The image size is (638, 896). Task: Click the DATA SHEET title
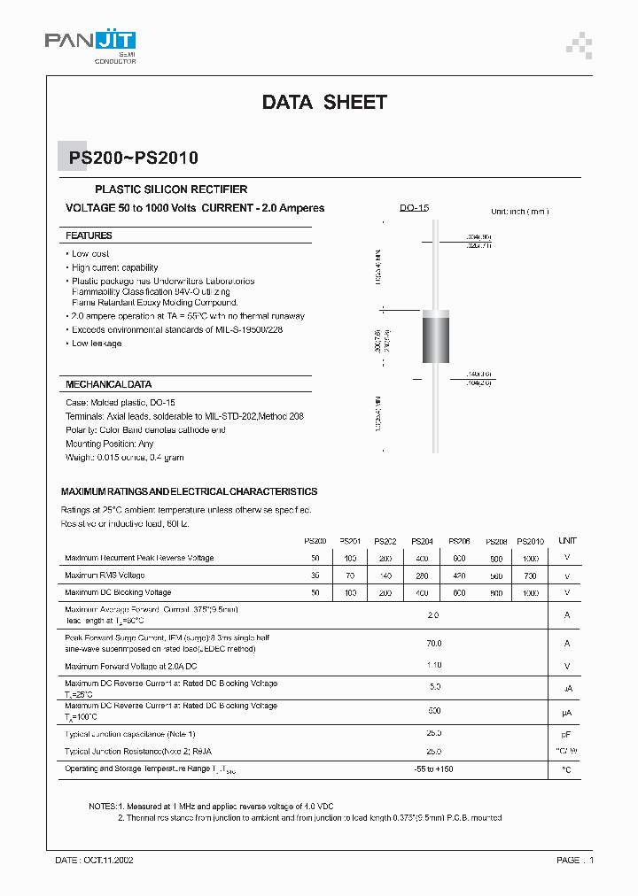click(324, 102)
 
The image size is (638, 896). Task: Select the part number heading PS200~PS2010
click(134, 158)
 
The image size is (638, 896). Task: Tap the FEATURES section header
click(89, 236)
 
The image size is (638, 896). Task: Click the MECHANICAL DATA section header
click(108, 385)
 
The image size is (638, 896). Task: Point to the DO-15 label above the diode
click(414, 208)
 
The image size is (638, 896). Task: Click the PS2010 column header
click(530, 541)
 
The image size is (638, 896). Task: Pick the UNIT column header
click(567, 541)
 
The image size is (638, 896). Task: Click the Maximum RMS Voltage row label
click(105, 575)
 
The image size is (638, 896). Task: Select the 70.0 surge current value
click(433, 644)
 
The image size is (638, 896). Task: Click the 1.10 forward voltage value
click(433, 666)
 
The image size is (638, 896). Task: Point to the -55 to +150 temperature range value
click(433, 769)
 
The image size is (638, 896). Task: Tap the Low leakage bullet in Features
click(97, 344)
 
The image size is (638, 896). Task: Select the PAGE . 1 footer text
click(575, 860)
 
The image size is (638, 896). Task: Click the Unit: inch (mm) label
click(520, 212)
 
